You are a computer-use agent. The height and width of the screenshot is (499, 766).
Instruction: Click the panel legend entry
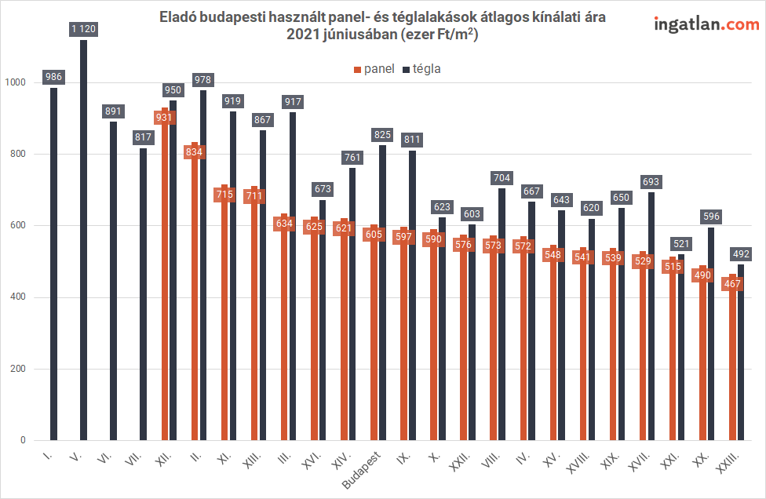(374, 69)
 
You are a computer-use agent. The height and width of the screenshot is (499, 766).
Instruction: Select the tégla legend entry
(421, 69)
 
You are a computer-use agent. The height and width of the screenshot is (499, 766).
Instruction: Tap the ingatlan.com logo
(706, 24)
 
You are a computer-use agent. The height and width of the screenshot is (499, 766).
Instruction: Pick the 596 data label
(711, 217)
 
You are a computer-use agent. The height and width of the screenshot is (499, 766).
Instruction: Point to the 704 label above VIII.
(502, 178)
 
